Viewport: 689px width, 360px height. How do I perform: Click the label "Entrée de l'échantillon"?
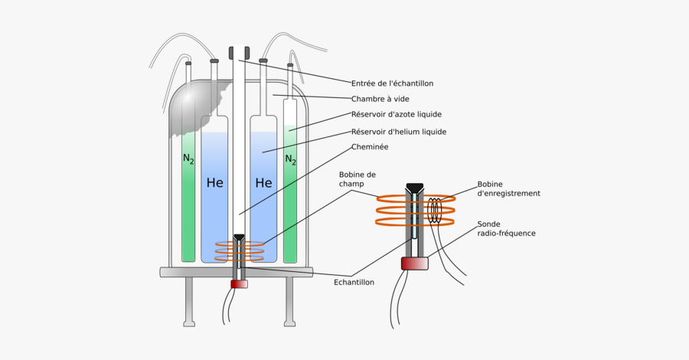pyautogui.click(x=393, y=83)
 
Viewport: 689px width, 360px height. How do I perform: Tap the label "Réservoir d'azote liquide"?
pyautogui.click(x=396, y=115)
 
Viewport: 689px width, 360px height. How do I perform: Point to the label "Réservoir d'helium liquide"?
pyautogui.click(x=398, y=132)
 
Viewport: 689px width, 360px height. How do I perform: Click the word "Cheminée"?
pyautogui.click(x=370, y=147)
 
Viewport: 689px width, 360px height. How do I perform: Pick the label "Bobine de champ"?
pyautogui.click(x=358, y=179)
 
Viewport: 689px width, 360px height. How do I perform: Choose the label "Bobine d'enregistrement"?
pyautogui.click(x=508, y=188)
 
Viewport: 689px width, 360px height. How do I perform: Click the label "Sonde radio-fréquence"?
pyautogui.click(x=506, y=228)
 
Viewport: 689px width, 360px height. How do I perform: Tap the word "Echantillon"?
pyautogui.click(x=354, y=282)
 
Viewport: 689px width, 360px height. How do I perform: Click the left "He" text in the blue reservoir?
pyautogui.click(x=215, y=184)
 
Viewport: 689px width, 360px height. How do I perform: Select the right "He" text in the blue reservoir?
pyautogui.click(x=263, y=184)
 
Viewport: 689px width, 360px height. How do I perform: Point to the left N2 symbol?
pyautogui.click(x=188, y=159)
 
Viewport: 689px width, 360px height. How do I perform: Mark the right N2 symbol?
pyautogui.click(x=290, y=159)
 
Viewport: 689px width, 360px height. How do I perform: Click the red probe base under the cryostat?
pyautogui.click(x=239, y=284)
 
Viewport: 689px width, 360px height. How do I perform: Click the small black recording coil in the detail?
pyautogui.click(x=436, y=211)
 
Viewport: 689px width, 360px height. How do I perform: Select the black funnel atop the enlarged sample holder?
pyautogui.click(x=415, y=188)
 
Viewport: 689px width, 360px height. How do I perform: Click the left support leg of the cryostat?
pyautogui.click(x=188, y=302)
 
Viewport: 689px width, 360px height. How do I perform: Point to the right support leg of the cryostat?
pyautogui.click(x=289, y=302)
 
